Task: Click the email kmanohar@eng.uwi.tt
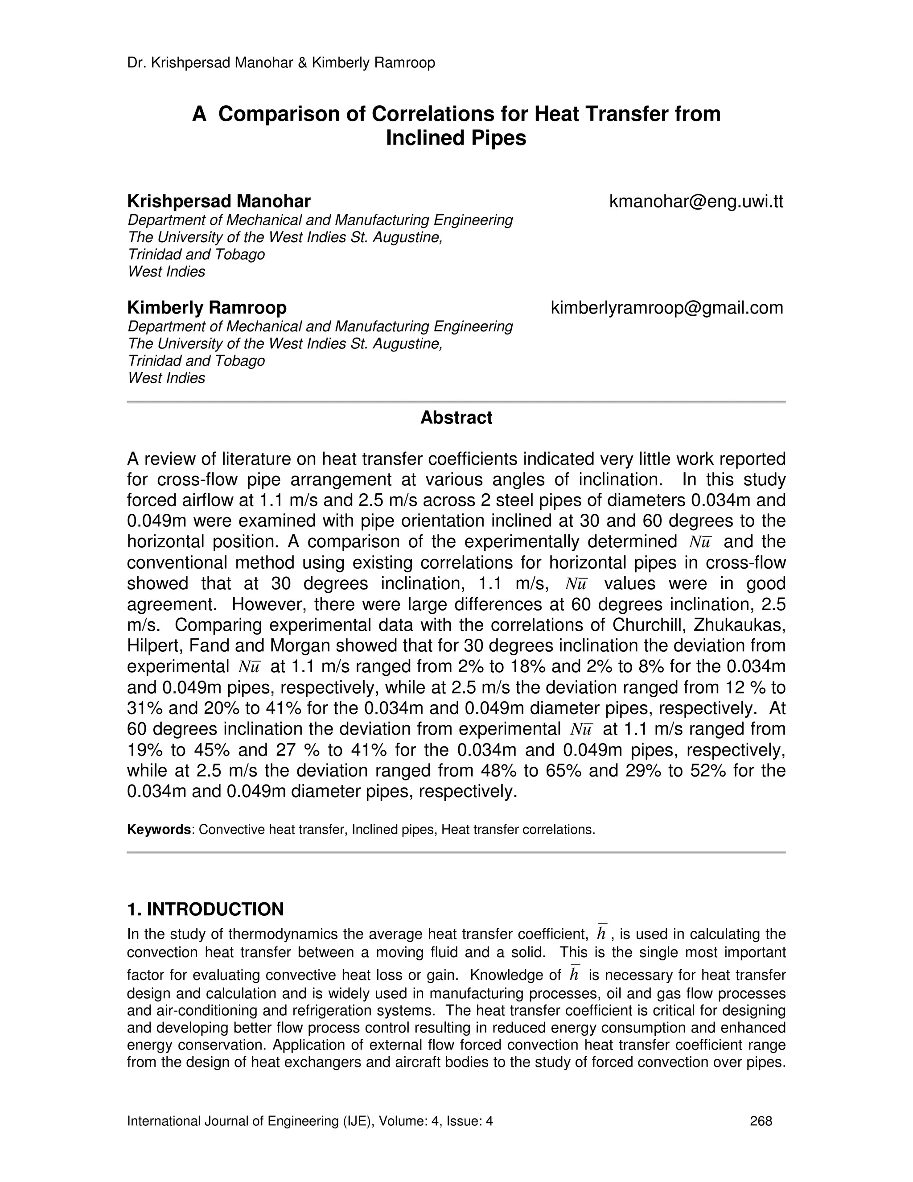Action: tap(695, 202)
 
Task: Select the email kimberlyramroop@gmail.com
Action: tap(666, 308)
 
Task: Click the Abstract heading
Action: tap(456, 418)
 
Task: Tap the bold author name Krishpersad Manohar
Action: tap(218, 202)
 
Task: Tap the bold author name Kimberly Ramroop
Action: tap(206, 308)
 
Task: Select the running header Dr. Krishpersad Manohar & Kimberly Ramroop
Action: tap(281, 63)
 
